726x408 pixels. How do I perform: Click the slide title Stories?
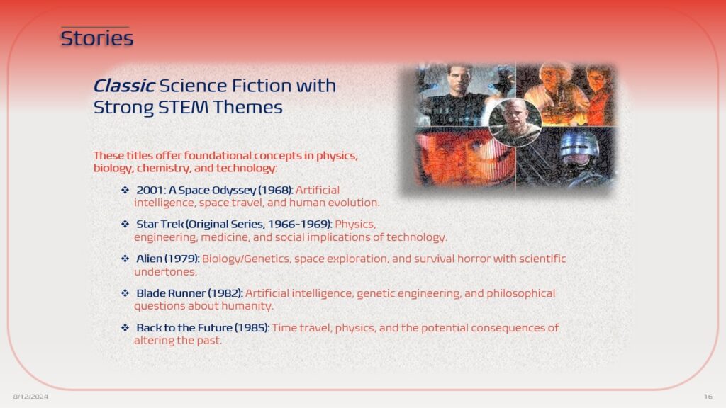coord(96,38)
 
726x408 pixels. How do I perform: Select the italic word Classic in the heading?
coord(123,86)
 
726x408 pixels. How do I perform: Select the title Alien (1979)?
coord(167,259)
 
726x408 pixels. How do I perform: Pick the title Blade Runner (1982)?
coord(189,293)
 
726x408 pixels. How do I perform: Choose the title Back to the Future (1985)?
coord(203,328)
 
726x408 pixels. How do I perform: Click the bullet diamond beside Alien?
coord(125,259)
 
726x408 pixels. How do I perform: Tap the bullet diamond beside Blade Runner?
coord(125,293)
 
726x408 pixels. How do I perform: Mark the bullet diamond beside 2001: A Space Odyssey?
coord(125,190)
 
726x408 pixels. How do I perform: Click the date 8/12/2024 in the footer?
coord(30,397)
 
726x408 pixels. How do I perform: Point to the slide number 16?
coord(708,397)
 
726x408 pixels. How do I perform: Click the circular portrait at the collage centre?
coord(515,123)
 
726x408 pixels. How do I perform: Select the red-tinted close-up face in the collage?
coord(465,157)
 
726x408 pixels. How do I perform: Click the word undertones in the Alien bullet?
coord(165,272)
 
